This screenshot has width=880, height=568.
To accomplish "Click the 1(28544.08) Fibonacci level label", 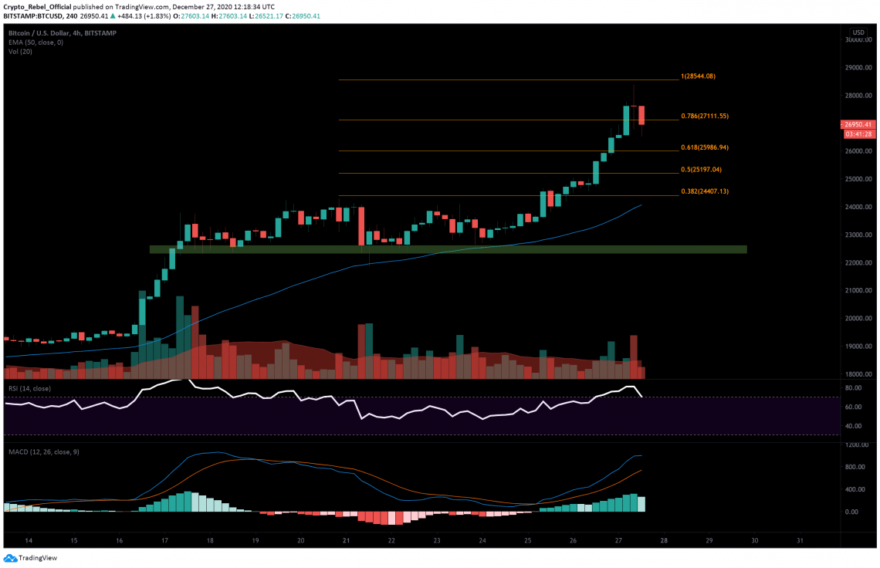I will click(x=699, y=76).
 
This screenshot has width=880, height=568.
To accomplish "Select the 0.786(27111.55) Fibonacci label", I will click(x=705, y=116).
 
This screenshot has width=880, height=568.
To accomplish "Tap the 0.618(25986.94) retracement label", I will click(x=705, y=147).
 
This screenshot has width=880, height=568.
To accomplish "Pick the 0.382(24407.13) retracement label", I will click(x=705, y=191).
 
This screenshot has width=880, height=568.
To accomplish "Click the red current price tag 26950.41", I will click(x=857, y=124).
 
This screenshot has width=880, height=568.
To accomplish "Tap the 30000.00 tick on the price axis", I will click(x=856, y=40).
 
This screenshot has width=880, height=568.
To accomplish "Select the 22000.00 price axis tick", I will click(x=856, y=262).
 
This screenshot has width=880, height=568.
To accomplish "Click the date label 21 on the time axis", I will click(x=346, y=541).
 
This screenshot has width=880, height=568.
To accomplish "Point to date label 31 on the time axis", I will click(x=800, y=541).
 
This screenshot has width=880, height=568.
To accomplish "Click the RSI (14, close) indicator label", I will click(x=30, y=388).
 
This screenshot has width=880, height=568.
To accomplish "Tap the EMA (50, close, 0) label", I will click(x=36, y=42).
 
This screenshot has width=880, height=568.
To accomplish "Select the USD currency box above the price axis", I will click(x=858, y=32).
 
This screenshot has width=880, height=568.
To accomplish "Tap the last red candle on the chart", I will click(x=641, y=114).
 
